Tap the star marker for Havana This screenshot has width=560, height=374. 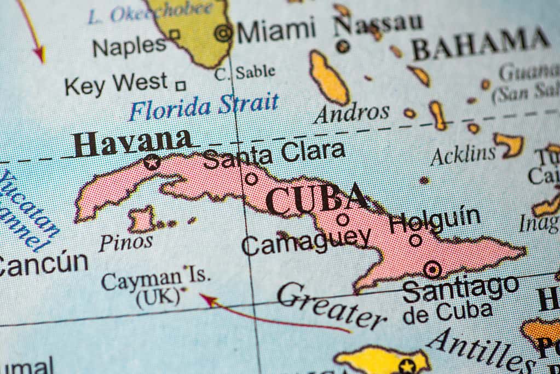(152, 162)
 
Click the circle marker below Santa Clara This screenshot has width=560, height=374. (251, 179)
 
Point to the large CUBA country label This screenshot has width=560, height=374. (316, 199)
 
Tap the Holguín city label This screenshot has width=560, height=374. (435, 220)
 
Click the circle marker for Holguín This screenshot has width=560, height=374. (416, 240)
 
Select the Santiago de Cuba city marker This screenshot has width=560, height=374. (432, 269)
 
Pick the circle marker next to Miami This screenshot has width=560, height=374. (223, 33)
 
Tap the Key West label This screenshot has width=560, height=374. (116, 84)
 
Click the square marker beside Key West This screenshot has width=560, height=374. (180, 85)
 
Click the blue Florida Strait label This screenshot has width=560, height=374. (204, 106)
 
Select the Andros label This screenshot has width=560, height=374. (352, 113)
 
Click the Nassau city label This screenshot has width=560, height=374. (378, 24)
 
